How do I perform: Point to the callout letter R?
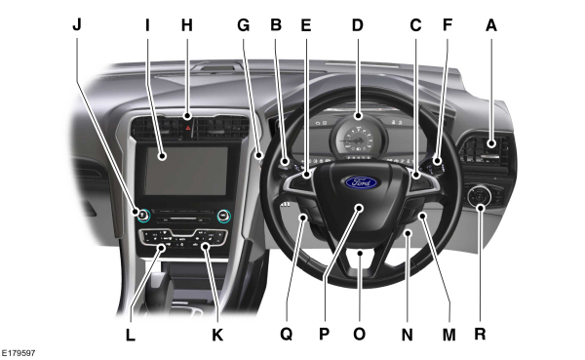[x=480, y=334]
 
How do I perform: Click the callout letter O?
[x=359, y=334]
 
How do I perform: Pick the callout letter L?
[x=130, y=334]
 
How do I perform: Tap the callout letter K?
[x=217, y=334]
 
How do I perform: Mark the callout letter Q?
[x=286, y=334]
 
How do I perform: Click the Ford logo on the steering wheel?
[x=358, y=181]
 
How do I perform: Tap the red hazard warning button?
[x=188, y=124]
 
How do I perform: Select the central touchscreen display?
[x=186, y=166]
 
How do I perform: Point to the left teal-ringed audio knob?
[x=142, y=215]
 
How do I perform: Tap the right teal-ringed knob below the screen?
[x=223, y=215]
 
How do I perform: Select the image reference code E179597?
[x=23, y=351]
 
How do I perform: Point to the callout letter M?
[x=449, y=334]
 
